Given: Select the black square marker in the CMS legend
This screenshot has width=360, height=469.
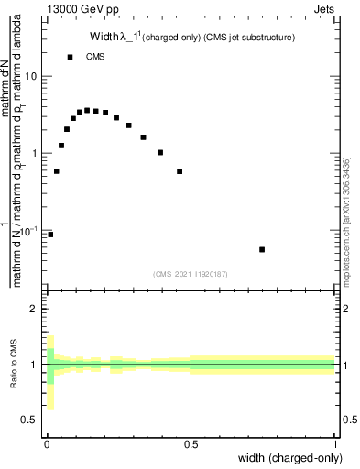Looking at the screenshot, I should (71, 57).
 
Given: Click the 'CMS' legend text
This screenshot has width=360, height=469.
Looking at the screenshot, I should (95, 57).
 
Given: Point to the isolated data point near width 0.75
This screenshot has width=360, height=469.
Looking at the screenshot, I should (262, 249).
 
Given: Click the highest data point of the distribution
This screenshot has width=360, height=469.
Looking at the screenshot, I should (87, 110).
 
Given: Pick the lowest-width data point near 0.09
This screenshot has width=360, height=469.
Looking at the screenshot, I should (50, 234).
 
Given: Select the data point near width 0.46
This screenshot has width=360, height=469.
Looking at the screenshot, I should (180, 171).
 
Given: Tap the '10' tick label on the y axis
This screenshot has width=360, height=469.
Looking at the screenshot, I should (31, 76).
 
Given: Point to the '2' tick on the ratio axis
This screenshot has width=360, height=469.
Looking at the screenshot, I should (33, 310).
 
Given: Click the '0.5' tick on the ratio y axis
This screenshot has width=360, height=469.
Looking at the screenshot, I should (29, 420).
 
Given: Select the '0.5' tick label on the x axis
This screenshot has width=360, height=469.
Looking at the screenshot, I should (191, 444).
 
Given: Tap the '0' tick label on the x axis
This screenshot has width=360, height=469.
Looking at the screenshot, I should (47, 444).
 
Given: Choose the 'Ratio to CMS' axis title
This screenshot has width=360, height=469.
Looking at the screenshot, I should (14, 364).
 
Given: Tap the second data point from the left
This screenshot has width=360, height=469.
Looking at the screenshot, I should (56, 171).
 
